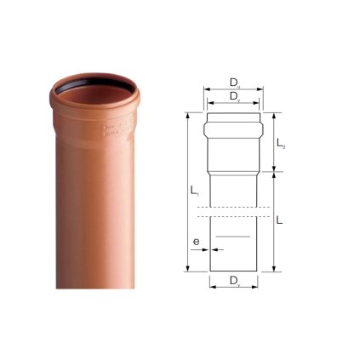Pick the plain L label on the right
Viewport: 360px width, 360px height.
(281, 220)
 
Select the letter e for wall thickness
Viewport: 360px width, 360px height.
(196, 242)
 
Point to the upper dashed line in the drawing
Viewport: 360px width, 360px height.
(233, 208)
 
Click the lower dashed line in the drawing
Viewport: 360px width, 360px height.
(233, 216)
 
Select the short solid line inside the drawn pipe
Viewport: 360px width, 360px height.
(233, 232)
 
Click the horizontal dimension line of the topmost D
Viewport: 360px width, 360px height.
(233, 89)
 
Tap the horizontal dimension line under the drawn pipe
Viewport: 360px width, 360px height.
(233, 286)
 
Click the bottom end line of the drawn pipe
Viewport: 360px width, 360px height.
(233, 271)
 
